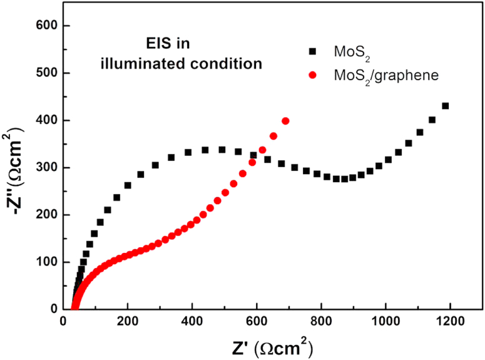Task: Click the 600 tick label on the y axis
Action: coord(41,26)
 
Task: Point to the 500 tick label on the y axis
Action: coord(41,73)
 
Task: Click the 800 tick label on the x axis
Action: coord(320,322)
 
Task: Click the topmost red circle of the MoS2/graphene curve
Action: coord(286,121)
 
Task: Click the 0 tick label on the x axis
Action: coord(63,322)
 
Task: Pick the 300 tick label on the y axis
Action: coord(41,168)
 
